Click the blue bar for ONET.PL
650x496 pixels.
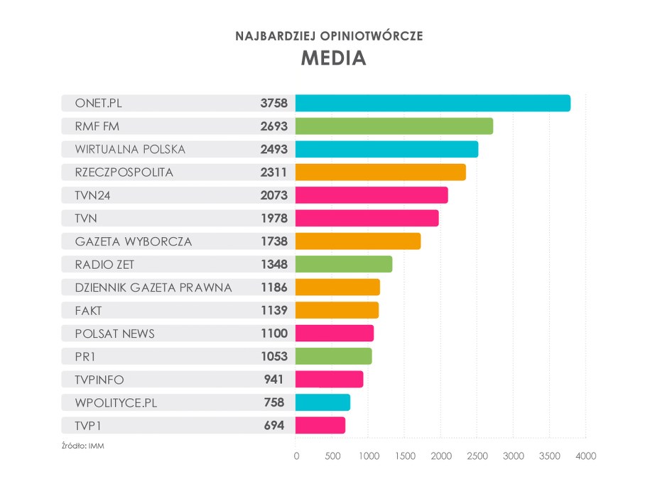click(433, 103)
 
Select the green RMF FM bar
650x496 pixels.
click(394, 126)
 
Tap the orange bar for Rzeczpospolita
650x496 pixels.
click(381, 172)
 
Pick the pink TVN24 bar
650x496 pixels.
click(372, 195)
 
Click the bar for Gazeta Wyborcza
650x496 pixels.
click(358, 241)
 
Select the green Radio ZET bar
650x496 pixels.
click(344, 264)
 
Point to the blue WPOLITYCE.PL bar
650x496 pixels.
click(323, 402)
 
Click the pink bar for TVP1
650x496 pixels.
click(320, 425)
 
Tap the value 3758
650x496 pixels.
click(273, 104)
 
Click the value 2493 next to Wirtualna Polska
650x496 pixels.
click(273, 150)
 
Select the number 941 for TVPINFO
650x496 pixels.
click(273, 380)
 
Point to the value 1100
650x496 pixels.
click(273, 334)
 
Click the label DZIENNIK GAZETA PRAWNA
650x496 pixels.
click(153, 287)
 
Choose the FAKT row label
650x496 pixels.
click(89, 310)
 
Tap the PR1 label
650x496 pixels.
click(85, 356)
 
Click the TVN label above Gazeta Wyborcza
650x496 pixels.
click(85, 219)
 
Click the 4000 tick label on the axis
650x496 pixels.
click(585, 456)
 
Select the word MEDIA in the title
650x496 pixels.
click(333, 58)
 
